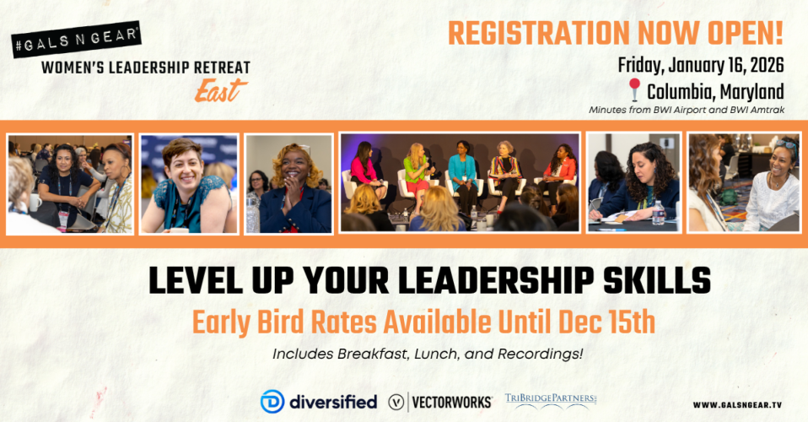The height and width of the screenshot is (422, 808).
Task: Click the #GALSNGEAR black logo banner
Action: click(76, 39)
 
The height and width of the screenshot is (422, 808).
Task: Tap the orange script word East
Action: click(220, 90)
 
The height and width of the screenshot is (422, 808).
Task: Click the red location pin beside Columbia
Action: click(634, 89)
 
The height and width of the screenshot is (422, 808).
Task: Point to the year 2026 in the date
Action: click(767, 66)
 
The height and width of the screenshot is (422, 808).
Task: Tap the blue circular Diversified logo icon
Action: click(272, 402)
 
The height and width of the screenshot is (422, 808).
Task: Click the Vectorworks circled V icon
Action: click(396, 402)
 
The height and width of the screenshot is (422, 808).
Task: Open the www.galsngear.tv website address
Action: click(737, 405)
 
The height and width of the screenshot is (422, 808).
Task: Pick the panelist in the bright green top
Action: click(417, 174)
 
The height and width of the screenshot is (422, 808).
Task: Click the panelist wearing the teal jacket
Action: click(462, 176)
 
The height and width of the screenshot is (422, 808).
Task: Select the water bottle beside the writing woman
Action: click(658, 213)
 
